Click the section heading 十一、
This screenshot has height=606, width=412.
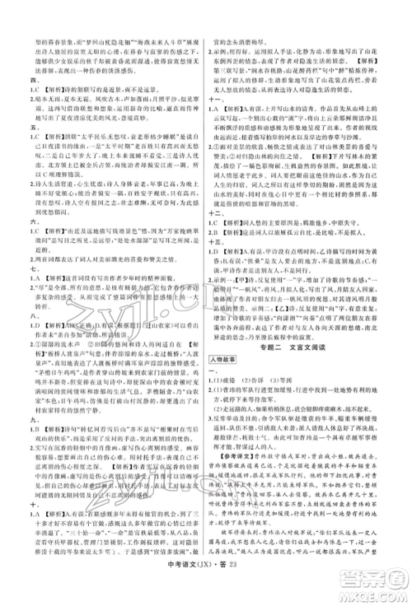click(217, 95)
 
